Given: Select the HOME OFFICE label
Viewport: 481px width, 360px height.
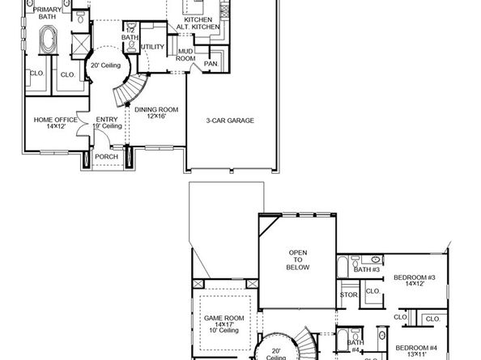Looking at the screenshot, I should coord(54,123).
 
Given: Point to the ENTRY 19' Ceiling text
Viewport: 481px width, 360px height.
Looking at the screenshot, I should coord(107,123).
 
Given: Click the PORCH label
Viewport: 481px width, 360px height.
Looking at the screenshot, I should coord(106,156).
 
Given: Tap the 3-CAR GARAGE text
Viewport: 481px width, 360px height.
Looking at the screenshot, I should coord(230,121).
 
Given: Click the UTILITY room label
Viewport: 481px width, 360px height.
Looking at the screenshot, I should coord(151,47).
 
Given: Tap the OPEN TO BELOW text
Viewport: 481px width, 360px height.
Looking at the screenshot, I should coord(298,263).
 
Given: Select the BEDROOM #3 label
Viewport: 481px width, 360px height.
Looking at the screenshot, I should coord(415,280).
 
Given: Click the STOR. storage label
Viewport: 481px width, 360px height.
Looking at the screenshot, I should coord(349,295).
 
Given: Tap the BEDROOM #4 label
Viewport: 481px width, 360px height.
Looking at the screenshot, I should coord(414,353).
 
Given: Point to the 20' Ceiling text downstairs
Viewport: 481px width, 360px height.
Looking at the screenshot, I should coord(104,66).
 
